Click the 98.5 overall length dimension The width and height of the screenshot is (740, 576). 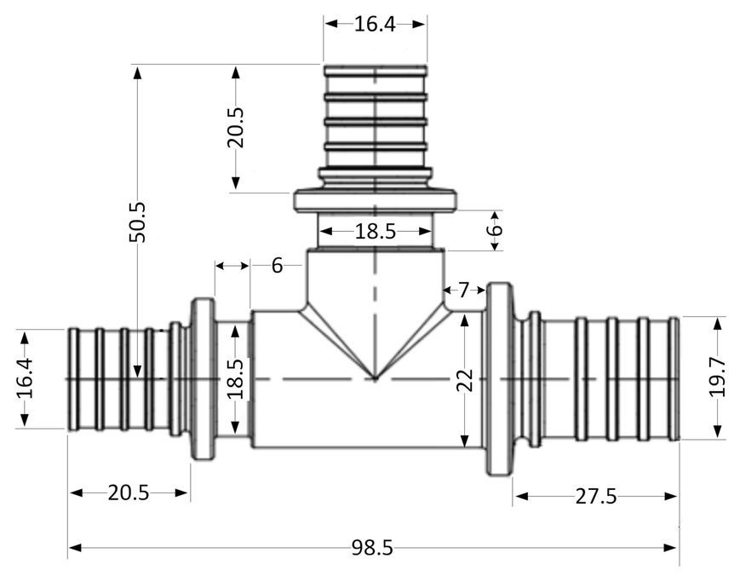click(372, 548)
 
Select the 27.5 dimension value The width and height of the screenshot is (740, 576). click(595, 496)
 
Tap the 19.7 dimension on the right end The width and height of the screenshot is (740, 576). click(717, 377)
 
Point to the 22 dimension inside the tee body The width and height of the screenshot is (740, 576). click(465, 380)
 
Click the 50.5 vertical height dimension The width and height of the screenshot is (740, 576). click(138, 222)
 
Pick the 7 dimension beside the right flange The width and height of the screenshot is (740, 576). click(464, 290)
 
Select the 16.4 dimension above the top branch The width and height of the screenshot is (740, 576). click(375, 24)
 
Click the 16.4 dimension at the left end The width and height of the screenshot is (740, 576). click(25, 378)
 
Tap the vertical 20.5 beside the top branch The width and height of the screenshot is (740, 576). click(236, 128)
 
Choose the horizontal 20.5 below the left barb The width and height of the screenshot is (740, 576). click(129, 492)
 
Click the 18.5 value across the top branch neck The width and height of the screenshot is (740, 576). click(375, 232)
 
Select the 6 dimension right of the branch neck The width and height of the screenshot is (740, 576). click(495, 230)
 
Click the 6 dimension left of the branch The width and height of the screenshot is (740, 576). click(277, 265)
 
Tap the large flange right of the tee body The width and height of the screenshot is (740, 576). click(499, 378)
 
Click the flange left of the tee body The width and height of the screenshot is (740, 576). click(203, 378)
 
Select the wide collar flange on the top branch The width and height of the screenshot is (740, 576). click(376, 199)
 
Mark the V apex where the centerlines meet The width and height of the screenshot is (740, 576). click(376, 378)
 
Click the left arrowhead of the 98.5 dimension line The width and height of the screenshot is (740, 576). click(76, 548)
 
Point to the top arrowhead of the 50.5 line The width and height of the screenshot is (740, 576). click(138, 72)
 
